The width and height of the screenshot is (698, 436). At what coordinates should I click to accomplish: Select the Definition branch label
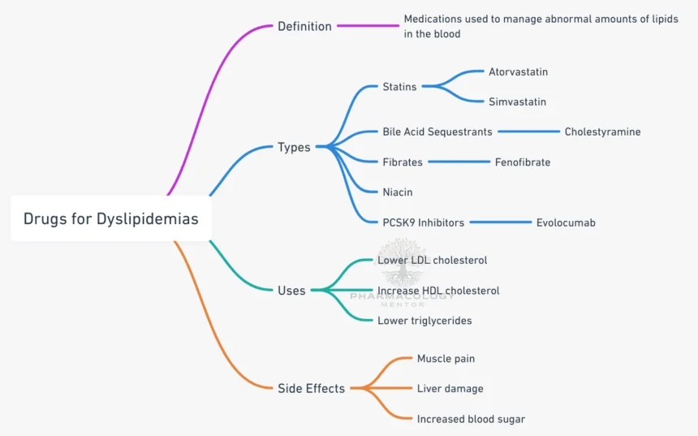[304, 26]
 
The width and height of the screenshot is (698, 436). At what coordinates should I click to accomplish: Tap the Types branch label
[294, 147]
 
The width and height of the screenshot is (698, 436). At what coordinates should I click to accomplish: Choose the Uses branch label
[291, 290]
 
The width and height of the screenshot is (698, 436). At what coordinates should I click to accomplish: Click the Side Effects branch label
[311, 388]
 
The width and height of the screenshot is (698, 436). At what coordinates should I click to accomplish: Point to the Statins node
[399, 87]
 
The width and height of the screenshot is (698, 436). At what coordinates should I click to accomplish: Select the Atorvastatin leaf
[518, 71]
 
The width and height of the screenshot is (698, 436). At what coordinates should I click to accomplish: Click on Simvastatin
[517, 101]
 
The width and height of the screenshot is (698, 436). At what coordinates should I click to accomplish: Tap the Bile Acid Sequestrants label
[437, 132]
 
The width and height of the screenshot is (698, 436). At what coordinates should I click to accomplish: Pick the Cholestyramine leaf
[602, 132]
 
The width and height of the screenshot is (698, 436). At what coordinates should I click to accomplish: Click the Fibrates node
[403, 162]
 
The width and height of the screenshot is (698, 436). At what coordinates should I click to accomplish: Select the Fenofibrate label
[523, 162]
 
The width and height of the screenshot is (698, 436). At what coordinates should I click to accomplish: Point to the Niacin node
[398, 192]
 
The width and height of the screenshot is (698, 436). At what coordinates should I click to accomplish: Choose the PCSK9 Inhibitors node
[423, 222]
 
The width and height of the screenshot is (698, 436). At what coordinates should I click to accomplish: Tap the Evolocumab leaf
[566, 222]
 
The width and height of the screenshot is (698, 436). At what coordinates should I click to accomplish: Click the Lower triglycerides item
[424, 320]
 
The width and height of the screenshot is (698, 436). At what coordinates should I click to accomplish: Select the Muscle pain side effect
[446, 358]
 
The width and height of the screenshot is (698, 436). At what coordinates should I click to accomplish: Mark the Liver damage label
[450, 388]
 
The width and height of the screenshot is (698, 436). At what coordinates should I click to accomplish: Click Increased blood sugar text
[471, 419]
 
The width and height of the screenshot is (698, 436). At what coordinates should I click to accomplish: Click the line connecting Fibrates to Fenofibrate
[459, 162]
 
